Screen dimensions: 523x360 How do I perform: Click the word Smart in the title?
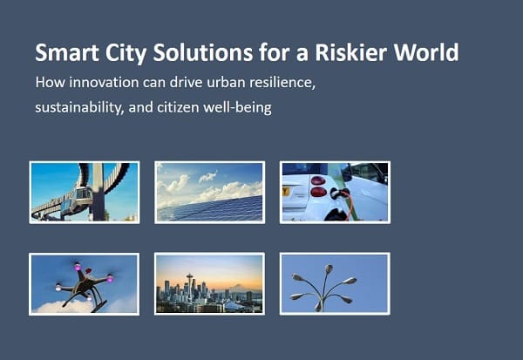pos(67,52)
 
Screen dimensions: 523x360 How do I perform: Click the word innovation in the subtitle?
pos(104,82)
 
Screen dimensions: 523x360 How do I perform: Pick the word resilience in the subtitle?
pos(282,83)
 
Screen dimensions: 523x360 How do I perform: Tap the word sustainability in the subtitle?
pos(79,107)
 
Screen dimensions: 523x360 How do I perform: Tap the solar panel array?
pos(210,209)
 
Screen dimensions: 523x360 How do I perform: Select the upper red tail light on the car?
pos(318,180)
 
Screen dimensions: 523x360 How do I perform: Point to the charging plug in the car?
pos(337,193)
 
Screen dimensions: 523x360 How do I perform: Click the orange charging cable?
pos(350,207)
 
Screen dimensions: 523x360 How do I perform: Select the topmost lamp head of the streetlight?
pos(329,268)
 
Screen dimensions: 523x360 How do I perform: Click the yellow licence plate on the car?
pos(286,192)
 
